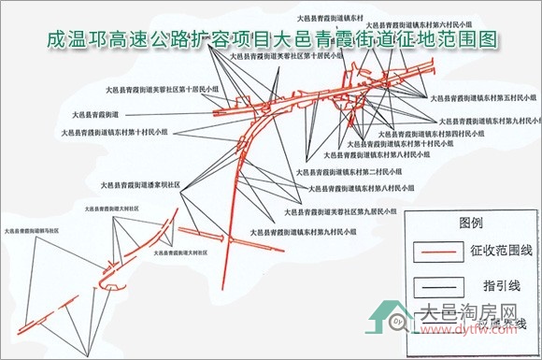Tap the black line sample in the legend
(438, 284)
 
